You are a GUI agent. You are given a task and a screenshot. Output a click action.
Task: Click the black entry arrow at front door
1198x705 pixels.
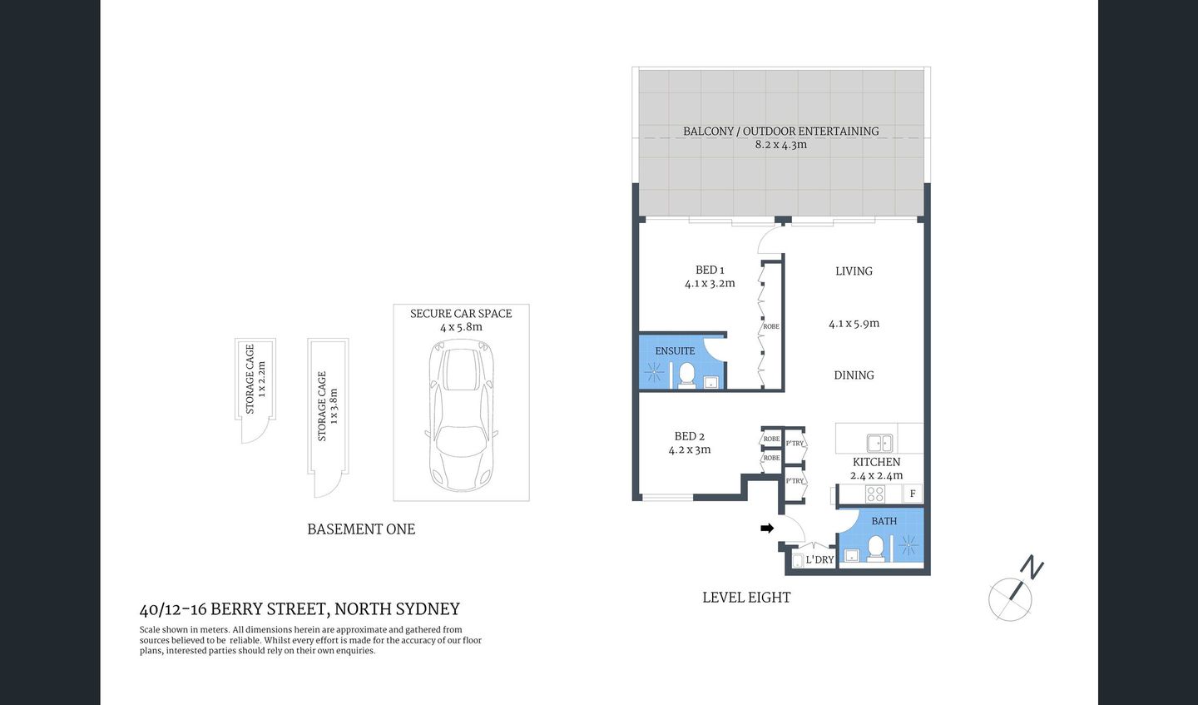click(x=767, y=528)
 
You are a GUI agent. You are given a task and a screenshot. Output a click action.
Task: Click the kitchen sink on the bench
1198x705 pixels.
click(x=879, y=443)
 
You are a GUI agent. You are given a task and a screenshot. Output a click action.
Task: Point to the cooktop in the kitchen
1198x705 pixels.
click(x=875, y=494)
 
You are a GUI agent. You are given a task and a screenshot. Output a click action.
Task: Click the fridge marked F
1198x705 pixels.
click(x=913, y=494)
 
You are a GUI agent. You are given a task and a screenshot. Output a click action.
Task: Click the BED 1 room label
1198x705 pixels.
click(x=710, y=270)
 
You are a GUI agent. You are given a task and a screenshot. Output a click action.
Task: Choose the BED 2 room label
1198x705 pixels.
click(x=690, y=436)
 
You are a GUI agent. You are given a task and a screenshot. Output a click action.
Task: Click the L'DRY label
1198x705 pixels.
click(x=819, y=559)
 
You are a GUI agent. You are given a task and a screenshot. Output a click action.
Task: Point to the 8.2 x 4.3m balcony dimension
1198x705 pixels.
click(x=780, y=145)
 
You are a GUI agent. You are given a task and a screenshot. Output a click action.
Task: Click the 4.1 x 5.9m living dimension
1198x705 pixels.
click(x=854, y=324)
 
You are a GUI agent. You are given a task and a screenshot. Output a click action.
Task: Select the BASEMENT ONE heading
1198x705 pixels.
click(x=361, y=529)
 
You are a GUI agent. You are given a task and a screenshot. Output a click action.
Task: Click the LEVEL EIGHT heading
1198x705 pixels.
click(x=746, y=598)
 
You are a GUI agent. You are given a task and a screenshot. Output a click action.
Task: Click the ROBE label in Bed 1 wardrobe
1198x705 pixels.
click(x=771, y=326)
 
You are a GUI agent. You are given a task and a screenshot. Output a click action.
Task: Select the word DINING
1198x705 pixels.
click(x=854, y=375)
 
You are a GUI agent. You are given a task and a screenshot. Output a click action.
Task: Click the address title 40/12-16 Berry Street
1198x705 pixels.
click(x=299, y=610)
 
